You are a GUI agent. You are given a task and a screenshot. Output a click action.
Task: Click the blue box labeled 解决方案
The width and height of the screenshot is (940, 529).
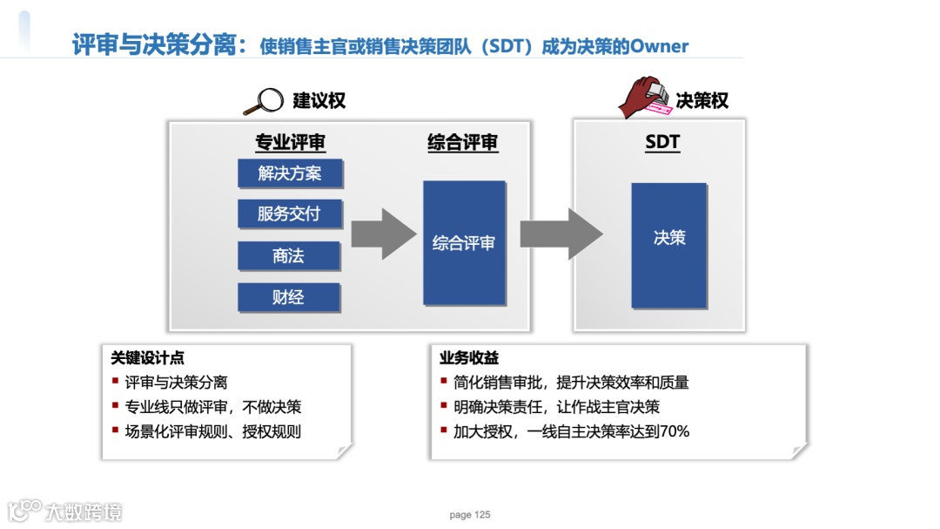click(290, 173)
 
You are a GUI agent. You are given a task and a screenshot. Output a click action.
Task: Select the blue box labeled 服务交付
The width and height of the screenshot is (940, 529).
click(290, 214)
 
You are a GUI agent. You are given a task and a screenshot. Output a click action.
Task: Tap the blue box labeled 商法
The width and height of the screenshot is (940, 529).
click(290, 256)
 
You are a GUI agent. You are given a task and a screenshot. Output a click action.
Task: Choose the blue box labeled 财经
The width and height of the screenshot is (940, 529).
click(290, 298)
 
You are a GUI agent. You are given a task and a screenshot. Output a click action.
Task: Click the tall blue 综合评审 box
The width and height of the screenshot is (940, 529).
click(464, 242)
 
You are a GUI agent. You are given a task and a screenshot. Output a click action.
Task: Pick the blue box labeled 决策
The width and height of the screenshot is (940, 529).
click(668, 245)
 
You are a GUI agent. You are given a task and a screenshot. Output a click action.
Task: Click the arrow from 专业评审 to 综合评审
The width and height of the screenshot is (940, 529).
click(382, 234)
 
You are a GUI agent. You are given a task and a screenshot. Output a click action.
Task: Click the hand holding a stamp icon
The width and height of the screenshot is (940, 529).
click(645, 98)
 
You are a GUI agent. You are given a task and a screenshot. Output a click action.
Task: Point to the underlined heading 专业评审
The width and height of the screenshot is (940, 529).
click(290, 143)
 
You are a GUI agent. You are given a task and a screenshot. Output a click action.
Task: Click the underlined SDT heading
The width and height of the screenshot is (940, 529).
click(662, 143)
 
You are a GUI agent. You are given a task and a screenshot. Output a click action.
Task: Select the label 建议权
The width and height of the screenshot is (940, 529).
click(319, 101)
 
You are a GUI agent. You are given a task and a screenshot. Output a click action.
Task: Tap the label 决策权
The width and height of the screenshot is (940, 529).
click(702, 101)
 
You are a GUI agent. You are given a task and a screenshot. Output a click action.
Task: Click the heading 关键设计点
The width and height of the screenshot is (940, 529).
click(147, 358)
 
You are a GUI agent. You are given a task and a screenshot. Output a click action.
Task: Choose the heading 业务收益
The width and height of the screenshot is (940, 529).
click(469, 358)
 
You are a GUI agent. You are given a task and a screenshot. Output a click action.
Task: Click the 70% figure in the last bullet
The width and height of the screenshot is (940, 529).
click(675, 431)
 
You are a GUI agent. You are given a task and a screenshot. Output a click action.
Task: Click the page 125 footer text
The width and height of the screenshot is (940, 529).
click(470, 515)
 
